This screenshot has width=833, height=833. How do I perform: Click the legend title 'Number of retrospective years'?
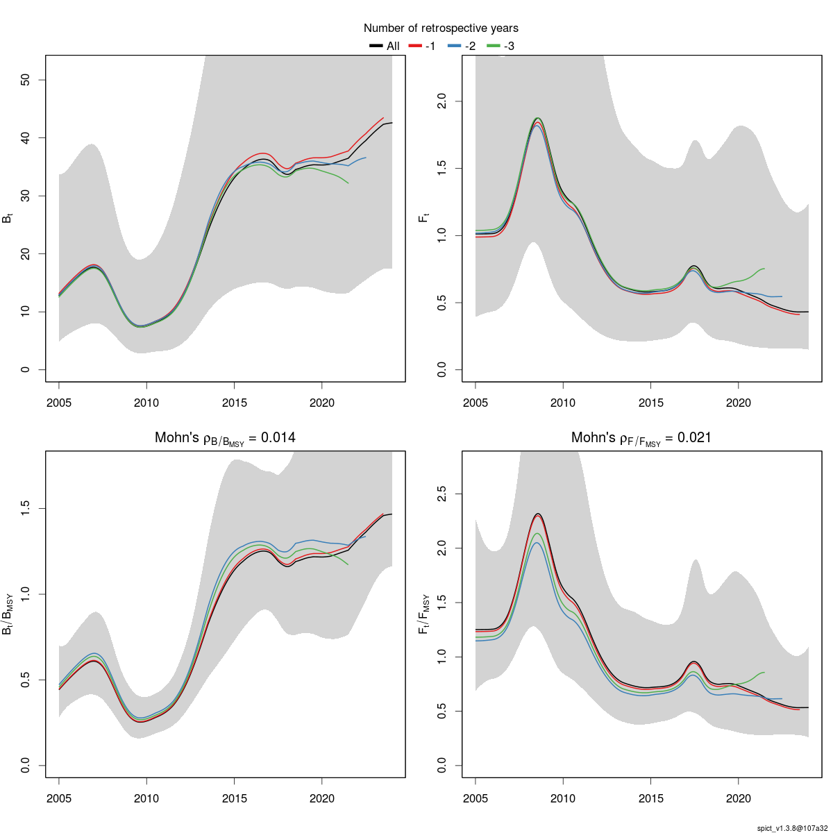441,28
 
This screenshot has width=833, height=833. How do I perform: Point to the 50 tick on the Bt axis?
24,80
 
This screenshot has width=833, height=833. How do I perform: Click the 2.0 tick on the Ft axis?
441,102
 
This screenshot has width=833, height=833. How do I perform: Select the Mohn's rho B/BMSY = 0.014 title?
225,438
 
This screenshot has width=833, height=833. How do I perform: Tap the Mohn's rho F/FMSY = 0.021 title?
641,438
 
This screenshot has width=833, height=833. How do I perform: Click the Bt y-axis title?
8,218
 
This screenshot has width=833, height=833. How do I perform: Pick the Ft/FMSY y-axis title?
424,614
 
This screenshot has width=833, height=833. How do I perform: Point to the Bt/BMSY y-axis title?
8,614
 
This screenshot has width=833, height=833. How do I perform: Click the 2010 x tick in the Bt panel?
146,403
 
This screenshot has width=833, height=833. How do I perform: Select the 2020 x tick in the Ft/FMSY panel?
738,798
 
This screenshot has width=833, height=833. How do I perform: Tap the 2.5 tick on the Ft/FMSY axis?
441,494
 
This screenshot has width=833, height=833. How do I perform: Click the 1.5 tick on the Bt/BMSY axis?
24,509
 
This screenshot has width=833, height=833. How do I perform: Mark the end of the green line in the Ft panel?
764,269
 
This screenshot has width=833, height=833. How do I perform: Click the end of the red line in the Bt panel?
383,118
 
